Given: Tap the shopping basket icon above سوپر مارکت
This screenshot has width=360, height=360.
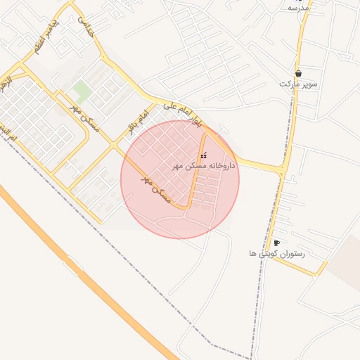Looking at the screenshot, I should (299, 73).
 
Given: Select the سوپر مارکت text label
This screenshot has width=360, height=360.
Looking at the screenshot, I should (299, 84).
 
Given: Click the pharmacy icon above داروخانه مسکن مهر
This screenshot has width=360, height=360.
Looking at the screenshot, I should (204, 155).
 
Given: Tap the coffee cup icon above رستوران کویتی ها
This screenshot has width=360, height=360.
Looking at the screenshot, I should (276, 243).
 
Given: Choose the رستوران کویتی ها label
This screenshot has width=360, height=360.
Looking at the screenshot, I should (276, 253).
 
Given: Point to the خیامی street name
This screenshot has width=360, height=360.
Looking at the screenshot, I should (85, 27).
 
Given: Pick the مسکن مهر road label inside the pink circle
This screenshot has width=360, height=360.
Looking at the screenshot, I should (157, 190).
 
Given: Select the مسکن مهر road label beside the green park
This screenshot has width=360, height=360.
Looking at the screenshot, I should (85, 119).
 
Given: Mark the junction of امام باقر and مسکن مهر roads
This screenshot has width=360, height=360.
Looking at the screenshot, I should (113, 145).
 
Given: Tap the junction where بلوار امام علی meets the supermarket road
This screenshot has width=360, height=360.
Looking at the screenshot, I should (283, 170).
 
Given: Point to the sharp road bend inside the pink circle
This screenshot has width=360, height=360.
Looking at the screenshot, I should (188, 207).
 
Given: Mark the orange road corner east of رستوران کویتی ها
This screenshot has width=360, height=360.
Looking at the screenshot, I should (326, 263).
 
